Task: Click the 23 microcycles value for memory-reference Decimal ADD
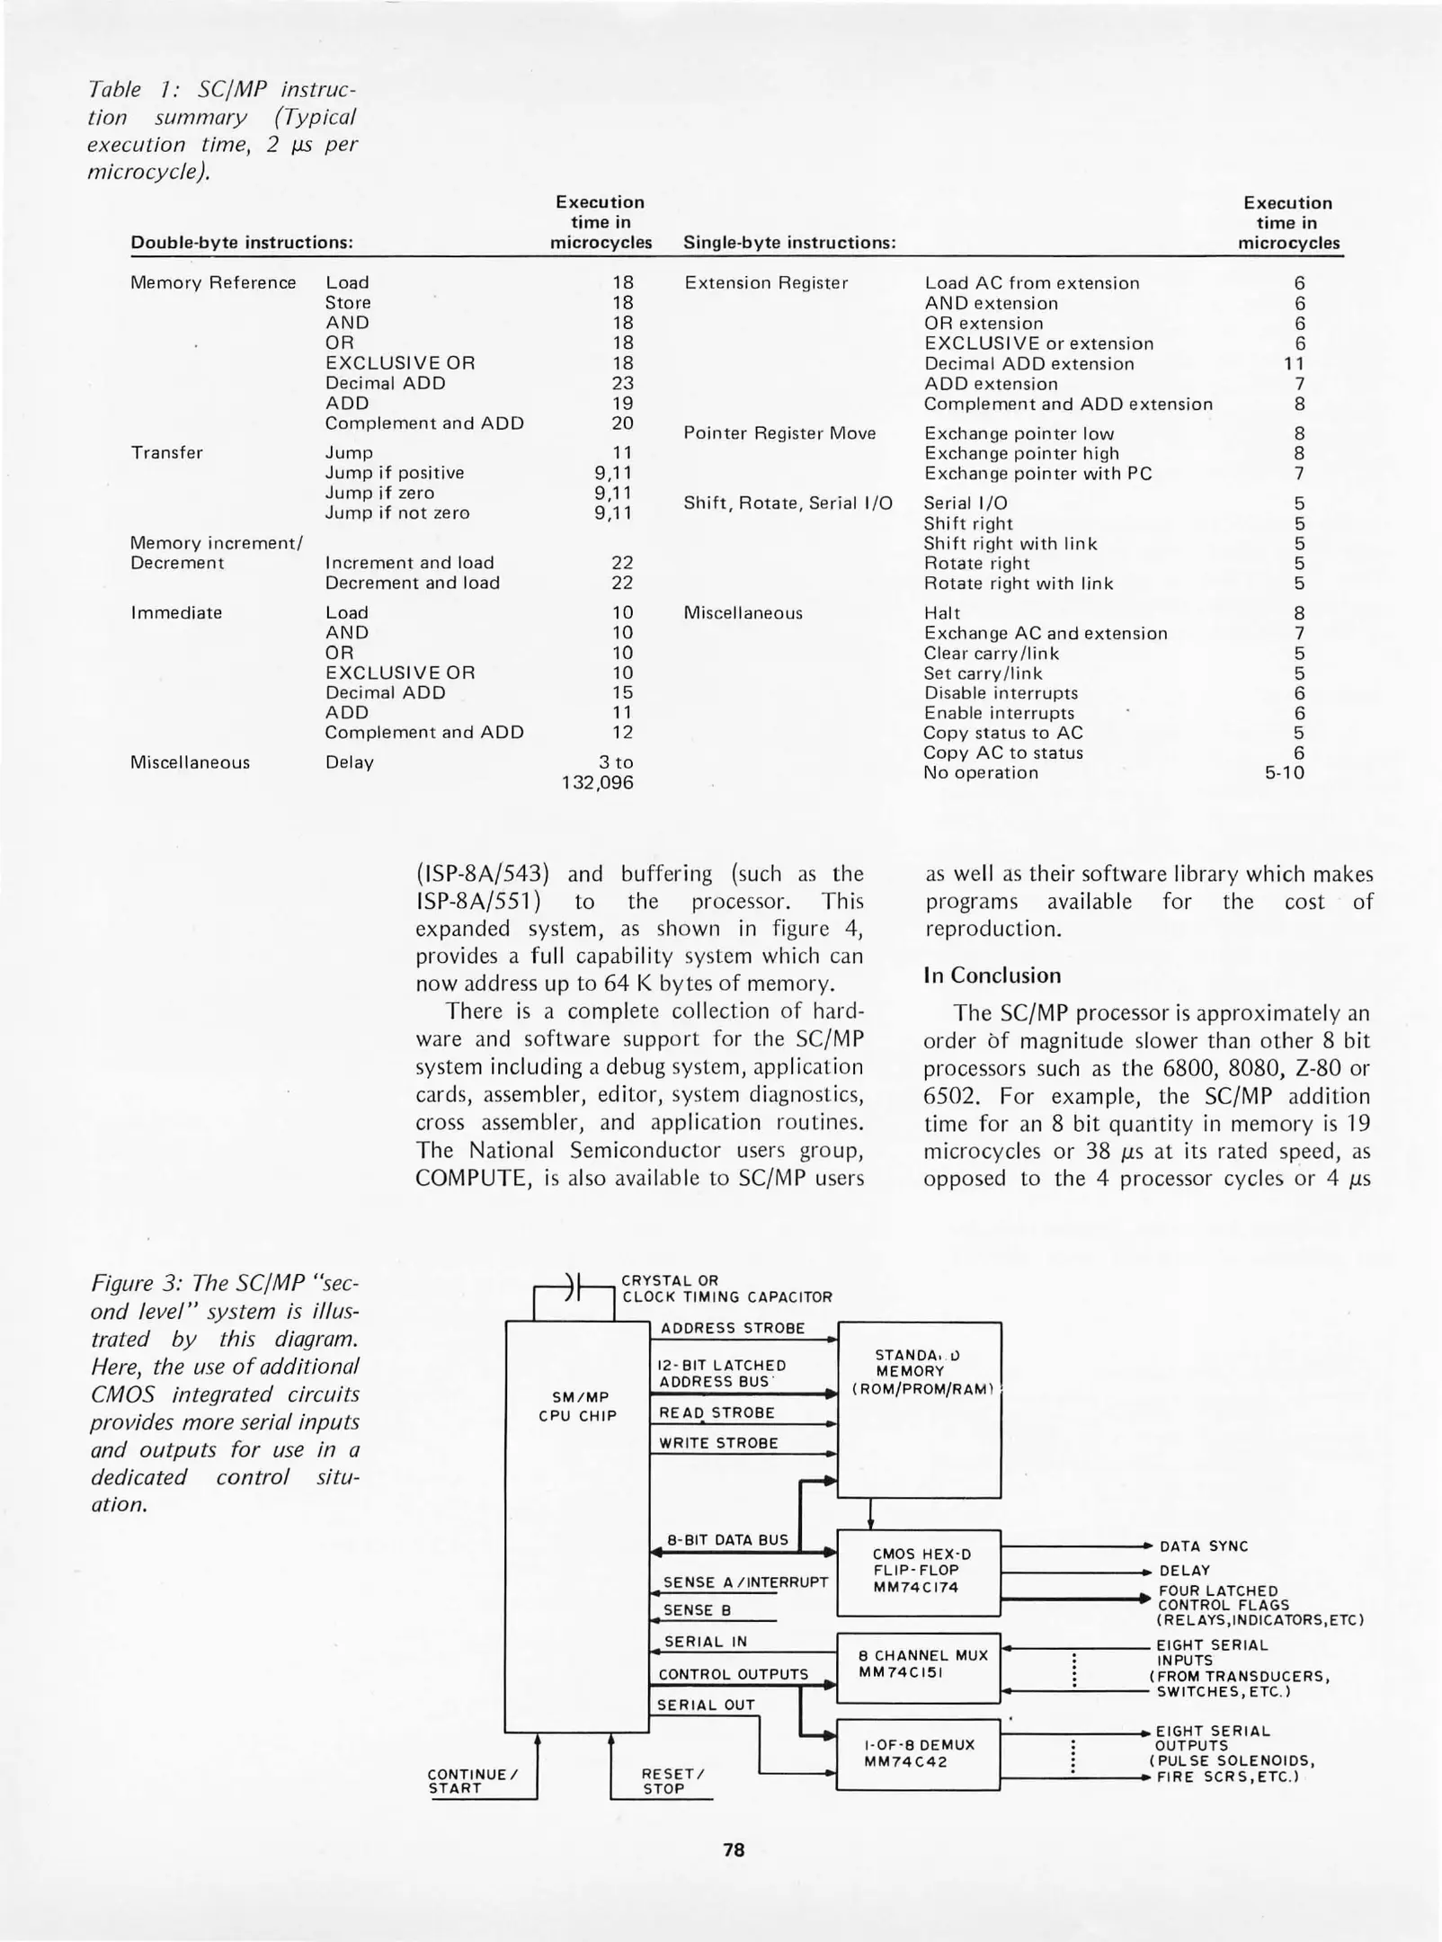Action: pyautogui.click(x=622, y=383)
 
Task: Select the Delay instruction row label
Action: pyautogui.click(x=349, y=762)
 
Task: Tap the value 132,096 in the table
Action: pyautogui.click(x=597, y=783)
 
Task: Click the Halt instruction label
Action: pyautogui.click(x=941, y=613)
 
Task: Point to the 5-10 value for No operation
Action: pyautogui.click(x=1284, y=773)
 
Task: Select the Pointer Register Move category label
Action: pyautogui.click(x=779, y=433)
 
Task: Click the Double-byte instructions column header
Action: pyautogui.click(x=242, y=243)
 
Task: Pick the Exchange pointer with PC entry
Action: pyautogui.click(x=1037, y=474)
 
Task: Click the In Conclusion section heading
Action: pyautogui.click(x=992, y=975)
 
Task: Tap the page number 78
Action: pyautogui.click(x=734, y=1850)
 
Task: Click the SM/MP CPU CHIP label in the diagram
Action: pyautogui.click(x=577, y=1407)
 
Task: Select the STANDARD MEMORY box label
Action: pyautogui.click(x=919, y=1372)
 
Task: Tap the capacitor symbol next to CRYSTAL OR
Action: pyautogui.click(x=576, y=1287)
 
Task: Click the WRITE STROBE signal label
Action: pyautogui.click(x=718, y=1443)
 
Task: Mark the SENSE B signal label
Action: pyautogui.click(x=697, y=1610)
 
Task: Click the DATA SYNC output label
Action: pyautogui.click(x=1203, y=1546)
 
